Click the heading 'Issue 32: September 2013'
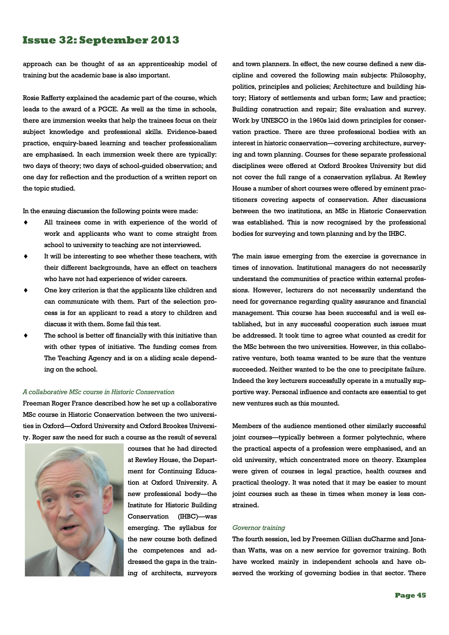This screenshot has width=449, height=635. [101, 40]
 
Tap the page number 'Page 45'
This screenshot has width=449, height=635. [410, 596]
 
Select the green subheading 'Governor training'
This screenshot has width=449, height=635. [258, 528]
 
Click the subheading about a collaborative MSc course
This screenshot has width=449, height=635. [99, 392]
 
